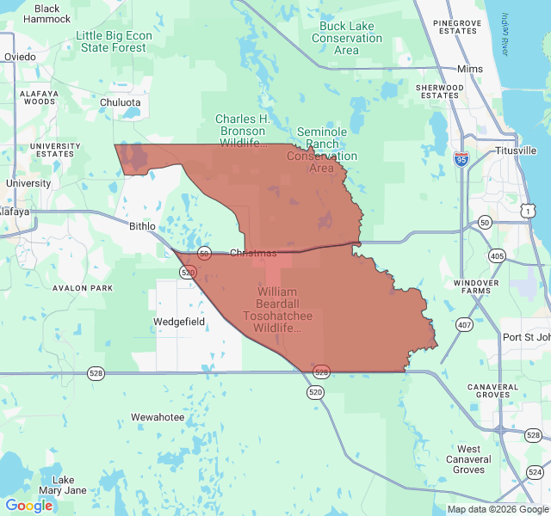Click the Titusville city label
point(516,150)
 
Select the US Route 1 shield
point(528,211)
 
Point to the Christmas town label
point(253,253)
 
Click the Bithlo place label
point(142,226)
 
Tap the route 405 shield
point(497,255)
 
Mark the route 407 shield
point(465,324)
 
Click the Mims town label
point(471,69)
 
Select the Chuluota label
point(120,101)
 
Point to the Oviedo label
point(20,57)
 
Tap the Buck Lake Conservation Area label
point(347,38)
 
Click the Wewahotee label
point(158,417)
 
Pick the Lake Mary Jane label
point(69,485)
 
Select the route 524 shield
point(535,472)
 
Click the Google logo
point(28,506)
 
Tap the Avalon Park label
point(83,288)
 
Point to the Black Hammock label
point(47,14)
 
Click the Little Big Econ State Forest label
point(114,41)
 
